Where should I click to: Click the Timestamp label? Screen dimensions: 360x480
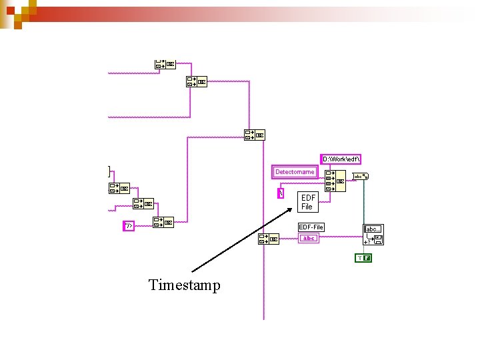click(x=184, y=285)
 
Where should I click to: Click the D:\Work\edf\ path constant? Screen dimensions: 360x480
click(x=341, y=159)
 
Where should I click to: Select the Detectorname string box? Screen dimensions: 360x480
click(x=294, y=171)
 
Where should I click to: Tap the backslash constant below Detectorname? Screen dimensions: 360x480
click(x=281, y=193)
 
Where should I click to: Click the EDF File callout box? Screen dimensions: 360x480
click(x=308, y=202)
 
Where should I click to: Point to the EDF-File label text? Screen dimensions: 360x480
click(x=311, y=227)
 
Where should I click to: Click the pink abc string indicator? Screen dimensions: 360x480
click(x=308, y=238)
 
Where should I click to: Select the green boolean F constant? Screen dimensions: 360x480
click(x=363, y=258)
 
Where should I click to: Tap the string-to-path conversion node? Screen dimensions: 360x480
click(x=362, y=177)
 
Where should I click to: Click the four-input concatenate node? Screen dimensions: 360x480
click(x=335, y=180)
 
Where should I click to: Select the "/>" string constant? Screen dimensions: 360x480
click(x=129, y=225)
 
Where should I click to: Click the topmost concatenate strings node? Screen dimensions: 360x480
click(x=164, y=64)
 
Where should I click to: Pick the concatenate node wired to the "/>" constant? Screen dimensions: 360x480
click(x=163, y=222)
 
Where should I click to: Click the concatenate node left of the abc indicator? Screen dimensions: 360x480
click(x=268, y=239)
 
